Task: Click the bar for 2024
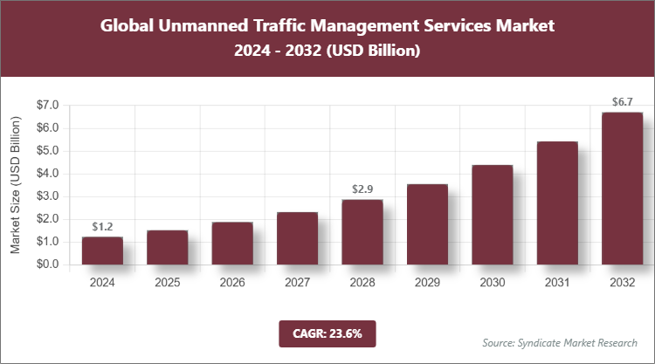pyautogui.click(x=102, y=251)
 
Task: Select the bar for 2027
pyautogui.click(x=297, y=238)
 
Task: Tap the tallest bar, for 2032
pyautogui.click(x=621, y=189)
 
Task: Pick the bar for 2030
pyautogui.click(x=492, y=215)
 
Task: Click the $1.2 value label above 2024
pyautogui.click(x=102, y=227)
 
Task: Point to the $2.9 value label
pyautogui.click(x=362, y=189)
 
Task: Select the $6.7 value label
pyautogui.click(x=621, y=103)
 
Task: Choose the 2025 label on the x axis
pyautogui.click(x=168, y=283)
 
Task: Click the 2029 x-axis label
pyautogui.click(x=426, y=283)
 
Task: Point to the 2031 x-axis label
pyautogui.click(x=556, y=283)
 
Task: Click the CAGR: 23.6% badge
pyautogui.click(x=327, y=333)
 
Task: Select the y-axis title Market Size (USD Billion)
pyautogui.click(x=15, y=184)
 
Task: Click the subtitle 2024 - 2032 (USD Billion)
pyautogui.click(x=327, y=52)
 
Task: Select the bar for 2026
pyautogui.click(x=232, y=244)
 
